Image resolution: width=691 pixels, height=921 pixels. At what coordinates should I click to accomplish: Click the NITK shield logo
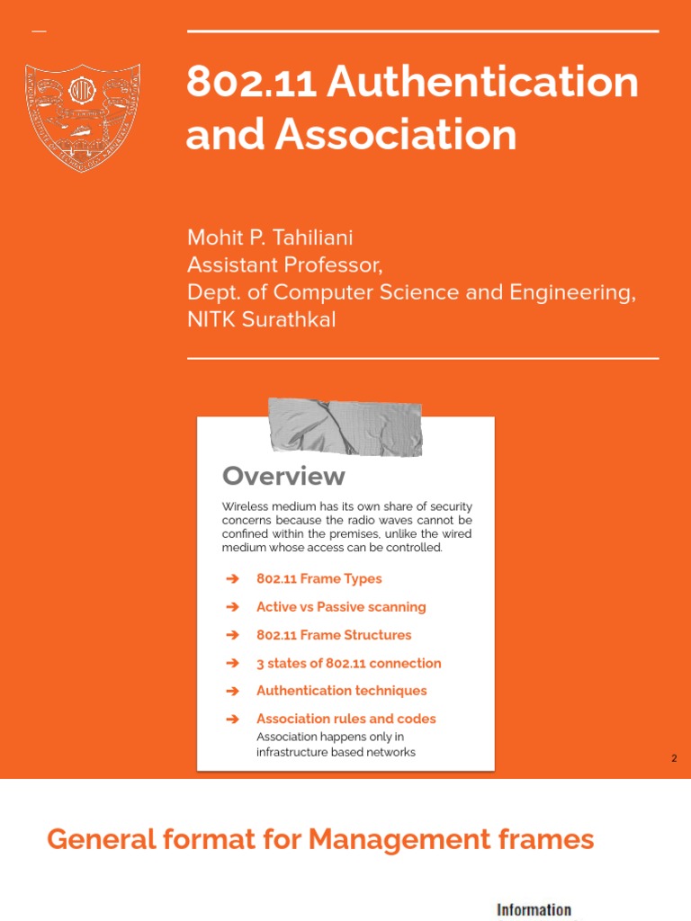(x=82, y=116)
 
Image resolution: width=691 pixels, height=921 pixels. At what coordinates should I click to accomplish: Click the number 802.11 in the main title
(x=249, y=84)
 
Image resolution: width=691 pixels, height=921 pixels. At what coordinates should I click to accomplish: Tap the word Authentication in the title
(x=482, y=84)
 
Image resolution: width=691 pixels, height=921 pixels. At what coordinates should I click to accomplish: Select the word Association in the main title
(x=396, y=135)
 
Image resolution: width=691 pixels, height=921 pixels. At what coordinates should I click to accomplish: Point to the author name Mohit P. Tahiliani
(x=270, y=238)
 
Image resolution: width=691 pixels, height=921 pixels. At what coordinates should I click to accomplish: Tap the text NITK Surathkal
(x=261, y=319)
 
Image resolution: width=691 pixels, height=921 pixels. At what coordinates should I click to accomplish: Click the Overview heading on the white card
(x=283, y=476)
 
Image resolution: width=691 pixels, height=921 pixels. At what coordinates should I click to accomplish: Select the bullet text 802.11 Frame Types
(x=319, y=579)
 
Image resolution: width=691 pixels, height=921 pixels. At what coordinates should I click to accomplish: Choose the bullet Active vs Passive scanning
(x=341, y=607)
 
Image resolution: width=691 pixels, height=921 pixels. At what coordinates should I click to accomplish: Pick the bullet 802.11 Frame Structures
(x=334, y=635)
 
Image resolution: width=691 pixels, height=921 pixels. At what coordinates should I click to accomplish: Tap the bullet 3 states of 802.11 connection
(x=348, y=663)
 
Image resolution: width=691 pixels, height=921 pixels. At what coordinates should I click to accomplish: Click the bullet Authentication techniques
(x=341, y=691)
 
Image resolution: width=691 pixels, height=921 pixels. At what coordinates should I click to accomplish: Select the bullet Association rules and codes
(x=345, y=719)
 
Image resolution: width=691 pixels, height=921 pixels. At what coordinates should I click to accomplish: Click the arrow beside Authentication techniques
(x=233, y=691)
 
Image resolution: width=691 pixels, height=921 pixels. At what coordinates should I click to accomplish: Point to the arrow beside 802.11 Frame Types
(x=233, y=579)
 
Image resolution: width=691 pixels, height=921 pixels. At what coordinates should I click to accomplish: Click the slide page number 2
(x=674, y=759)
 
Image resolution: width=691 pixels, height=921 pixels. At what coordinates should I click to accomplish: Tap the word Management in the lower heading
(x=382, y=840)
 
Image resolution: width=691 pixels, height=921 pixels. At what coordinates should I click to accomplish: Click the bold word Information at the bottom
(x=534, y=909)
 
